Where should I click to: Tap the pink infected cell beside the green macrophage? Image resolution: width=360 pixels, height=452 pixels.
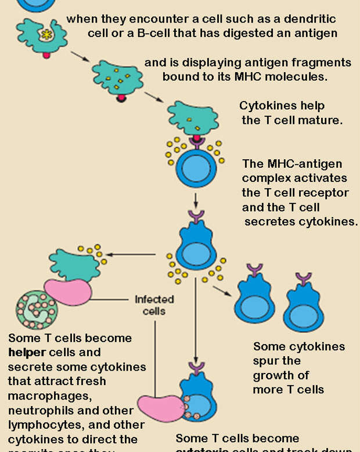[68, 290]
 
